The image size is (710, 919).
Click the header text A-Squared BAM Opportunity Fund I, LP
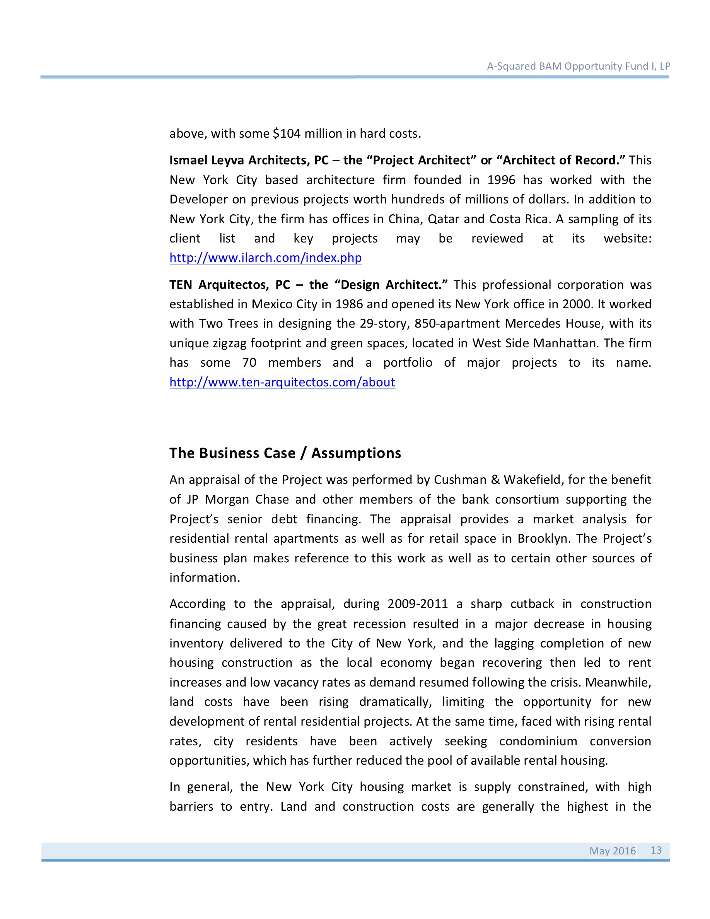point(579,66)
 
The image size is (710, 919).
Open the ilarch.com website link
point(265,258)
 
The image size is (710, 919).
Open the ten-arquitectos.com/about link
point(282,382)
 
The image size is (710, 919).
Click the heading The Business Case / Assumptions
point(285,453)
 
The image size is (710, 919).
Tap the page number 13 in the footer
point(656,850)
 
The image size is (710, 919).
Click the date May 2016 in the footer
point(612,851)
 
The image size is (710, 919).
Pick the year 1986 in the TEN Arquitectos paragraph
point(349,304)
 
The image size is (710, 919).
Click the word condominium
point(538,741)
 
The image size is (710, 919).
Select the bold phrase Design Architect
point(391,285)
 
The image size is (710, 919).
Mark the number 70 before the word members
point(249,363)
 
